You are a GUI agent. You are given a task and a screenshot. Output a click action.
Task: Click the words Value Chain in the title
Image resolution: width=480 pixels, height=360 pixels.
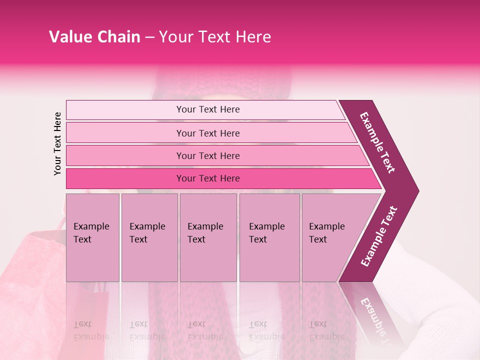click(94, 37)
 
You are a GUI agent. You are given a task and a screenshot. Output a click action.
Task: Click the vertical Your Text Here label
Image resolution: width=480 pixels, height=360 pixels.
click(57, 143)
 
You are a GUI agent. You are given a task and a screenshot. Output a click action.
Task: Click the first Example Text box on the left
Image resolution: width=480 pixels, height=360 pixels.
click(92, 237)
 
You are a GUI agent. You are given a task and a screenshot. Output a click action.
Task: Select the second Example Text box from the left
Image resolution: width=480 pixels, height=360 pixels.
click(149, 237)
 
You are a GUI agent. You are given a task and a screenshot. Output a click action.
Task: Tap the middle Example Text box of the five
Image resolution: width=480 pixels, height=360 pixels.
click(208, 237)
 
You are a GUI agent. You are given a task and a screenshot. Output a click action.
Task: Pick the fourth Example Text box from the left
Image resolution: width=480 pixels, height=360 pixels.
click(269, 237)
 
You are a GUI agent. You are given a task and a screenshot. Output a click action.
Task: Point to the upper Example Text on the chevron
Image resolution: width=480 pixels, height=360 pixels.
click(377, 142)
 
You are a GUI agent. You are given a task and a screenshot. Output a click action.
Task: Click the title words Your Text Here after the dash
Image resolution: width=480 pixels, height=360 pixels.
click(215, 37)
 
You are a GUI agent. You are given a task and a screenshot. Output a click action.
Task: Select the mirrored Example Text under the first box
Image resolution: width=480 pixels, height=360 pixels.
click(91, 330)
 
